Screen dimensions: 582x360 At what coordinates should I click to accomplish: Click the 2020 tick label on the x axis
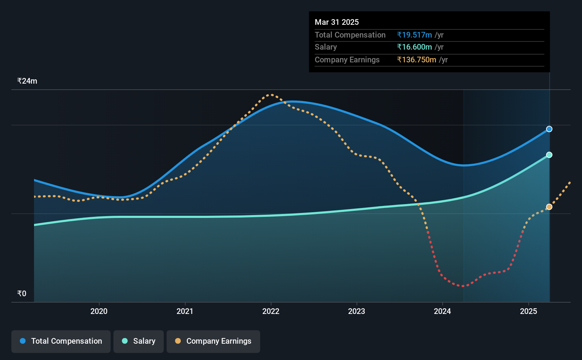point(99,311)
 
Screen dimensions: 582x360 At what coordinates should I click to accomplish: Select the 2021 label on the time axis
point(185,311)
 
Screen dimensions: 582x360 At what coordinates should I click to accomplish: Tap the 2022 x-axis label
point(271,311)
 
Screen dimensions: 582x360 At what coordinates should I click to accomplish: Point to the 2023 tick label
point(357,311)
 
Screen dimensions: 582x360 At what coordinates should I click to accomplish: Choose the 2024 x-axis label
point(442,311)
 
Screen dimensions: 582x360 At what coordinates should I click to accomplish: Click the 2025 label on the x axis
point(528,311)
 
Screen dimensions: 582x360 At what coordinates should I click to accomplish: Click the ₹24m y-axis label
point(27,81)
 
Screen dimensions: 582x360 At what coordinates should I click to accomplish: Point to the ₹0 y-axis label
point(22,293)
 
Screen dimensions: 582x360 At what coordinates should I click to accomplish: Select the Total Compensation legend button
point(61,341)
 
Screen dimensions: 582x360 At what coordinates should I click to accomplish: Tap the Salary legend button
point(139,341)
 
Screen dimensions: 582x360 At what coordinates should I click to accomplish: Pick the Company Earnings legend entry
point(213,341)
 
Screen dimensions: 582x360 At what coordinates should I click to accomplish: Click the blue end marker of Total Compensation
point(549,129)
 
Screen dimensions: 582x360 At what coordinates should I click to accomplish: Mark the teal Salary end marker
point(549,155)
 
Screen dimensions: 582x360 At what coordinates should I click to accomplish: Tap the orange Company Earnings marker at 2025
point(549,207)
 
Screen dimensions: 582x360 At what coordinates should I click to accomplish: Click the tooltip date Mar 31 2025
point(336,22)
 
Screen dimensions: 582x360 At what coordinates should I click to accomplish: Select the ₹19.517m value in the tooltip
point(414,35)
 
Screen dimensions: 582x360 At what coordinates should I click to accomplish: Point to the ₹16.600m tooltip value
point(414,47)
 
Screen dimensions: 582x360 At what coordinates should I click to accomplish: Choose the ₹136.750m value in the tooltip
point(416,60)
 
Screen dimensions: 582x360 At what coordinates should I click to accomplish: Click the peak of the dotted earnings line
point(271,95)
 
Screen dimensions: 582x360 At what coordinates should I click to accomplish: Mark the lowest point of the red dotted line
point(463,286)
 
